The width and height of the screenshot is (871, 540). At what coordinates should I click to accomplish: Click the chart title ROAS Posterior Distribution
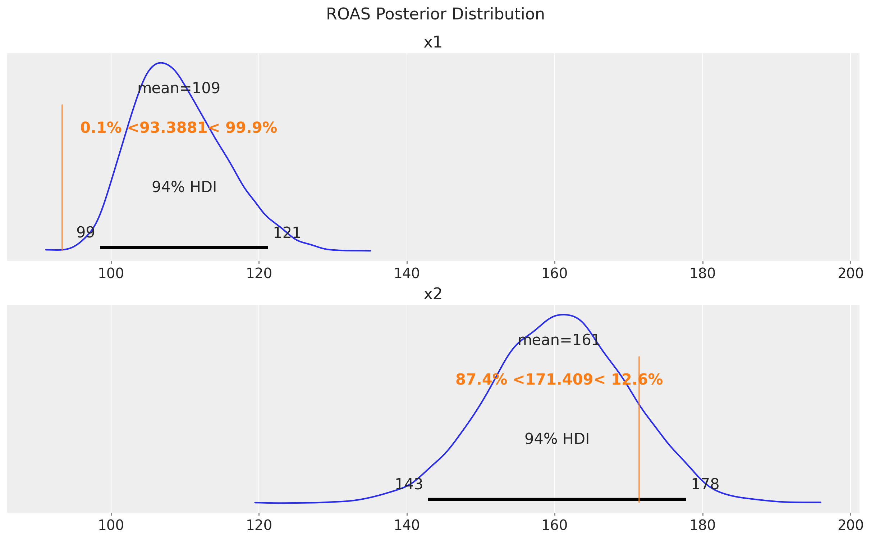click(x=435, y=15)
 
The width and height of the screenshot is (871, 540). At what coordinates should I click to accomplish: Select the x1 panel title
click(x=433, y=42)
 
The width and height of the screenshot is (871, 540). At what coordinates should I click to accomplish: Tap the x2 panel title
click(x=433, y=294)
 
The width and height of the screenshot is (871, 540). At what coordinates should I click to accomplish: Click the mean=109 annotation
click(x=179, y=88)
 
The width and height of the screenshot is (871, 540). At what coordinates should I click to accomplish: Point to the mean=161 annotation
click(x=559, y=340)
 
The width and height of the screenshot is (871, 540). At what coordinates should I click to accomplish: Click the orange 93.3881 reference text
click(x=179, y=128)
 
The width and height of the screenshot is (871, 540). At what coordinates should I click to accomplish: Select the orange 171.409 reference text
click(x=559, y=380)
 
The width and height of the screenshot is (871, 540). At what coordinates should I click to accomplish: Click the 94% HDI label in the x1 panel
click(x=184, y=187)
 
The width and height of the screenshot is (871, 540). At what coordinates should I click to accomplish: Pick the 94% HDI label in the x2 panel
click(x=557, y=439)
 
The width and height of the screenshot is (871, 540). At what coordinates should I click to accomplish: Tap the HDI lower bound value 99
click(x=86, y=233)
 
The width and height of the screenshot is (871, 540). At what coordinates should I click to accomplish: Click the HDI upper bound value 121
click(x=287, y=233)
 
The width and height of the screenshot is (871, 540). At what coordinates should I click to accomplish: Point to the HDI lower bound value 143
click(x=409, y=485)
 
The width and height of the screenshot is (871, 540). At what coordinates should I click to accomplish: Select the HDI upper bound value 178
click(x=705, y=485)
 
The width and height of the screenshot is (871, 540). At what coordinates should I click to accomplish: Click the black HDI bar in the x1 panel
click(x=184, y=248)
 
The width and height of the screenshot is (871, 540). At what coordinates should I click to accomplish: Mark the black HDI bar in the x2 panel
click(x=557, y=499)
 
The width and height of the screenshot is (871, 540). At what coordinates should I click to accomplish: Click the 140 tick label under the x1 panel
click(x=407, y=274)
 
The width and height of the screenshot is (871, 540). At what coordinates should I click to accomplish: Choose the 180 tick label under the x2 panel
click(x=702, y=526)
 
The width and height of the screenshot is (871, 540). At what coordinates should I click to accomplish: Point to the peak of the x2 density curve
click(x=563, y=315)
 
